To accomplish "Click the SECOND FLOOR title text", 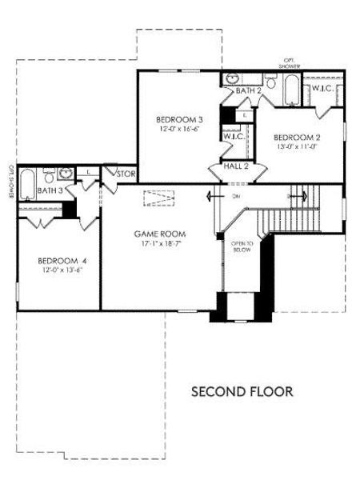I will click(242, 392).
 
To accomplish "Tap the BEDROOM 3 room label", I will click(178, 120).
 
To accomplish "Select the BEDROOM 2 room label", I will click(296, 137).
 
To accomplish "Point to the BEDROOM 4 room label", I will click(62, 261).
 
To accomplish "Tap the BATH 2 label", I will click(248, 90).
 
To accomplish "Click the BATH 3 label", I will click(50, 191).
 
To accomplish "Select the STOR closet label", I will click(126, 174).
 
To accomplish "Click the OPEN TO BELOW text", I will click(242, 246).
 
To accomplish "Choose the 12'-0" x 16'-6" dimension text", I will click(178, 130).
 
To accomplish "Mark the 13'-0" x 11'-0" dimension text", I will click(296, 146).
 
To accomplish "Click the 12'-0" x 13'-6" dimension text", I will click(62, 270).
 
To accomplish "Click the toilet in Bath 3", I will click(49, 175).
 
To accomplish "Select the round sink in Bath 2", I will click(231, 78).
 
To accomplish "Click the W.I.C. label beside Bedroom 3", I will click(234, 137).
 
